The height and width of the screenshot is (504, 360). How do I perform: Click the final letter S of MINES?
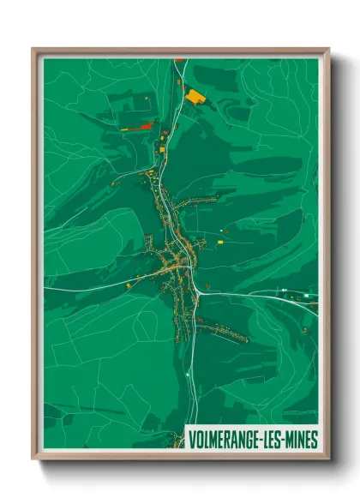[315, 440]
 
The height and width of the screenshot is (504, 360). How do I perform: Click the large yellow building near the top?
[196, 95]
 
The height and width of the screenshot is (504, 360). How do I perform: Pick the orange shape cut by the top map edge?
[179, 59]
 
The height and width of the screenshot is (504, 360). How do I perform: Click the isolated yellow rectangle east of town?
[219, 242]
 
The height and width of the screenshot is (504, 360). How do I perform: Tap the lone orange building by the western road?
[128, 285]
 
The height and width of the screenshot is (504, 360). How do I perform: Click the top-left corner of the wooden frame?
[33, 49]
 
